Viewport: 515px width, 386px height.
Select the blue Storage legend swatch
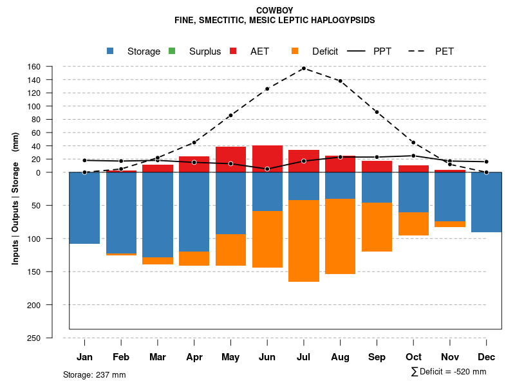pos(110,51)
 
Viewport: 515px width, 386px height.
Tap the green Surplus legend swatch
pos(171,51)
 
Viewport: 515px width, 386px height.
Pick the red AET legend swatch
pos(233,51)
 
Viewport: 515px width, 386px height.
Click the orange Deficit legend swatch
pos(295,51)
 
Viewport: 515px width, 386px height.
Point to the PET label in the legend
pos(444,51)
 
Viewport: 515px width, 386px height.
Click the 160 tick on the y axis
pos(34,67)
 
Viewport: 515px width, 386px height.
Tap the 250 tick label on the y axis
pos(34,338)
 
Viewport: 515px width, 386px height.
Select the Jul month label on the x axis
pos(304,357)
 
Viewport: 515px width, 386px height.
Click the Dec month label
pos(487,357)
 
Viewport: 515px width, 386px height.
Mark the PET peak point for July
pos(304,68)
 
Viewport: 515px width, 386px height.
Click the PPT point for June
pos(267,169)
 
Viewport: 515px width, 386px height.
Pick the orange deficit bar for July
pos(304,241)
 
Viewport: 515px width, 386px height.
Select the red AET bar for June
pos(267,159)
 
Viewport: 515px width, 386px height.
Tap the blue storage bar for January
pos(84,208)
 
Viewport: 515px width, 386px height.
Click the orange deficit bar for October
pos(413,224)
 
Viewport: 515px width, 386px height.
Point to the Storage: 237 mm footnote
pos(95,374)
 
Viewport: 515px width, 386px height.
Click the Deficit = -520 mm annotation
pos(449,372)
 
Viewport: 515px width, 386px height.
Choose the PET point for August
pos(341,81)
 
